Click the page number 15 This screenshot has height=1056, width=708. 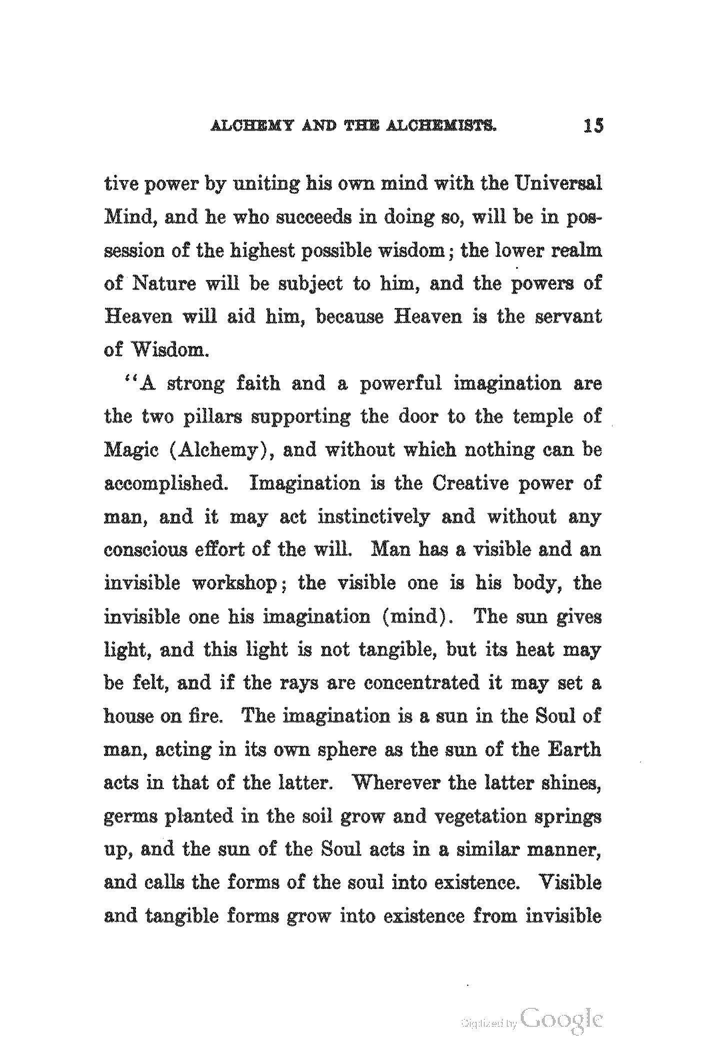[593, 125]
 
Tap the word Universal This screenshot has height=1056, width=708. [558, 184]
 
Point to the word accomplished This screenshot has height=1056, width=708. [164, 484]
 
